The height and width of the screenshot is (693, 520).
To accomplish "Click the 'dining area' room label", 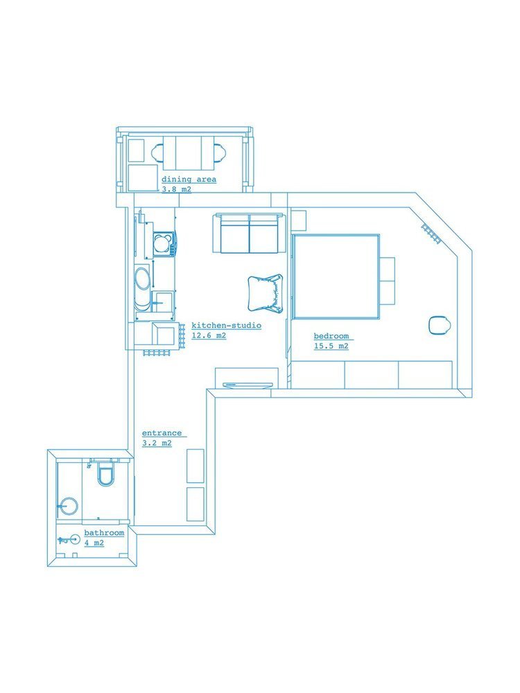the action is coord(189,179).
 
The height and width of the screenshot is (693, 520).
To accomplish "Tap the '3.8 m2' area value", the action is coord(176,189).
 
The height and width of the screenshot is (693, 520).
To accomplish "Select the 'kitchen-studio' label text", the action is coord(227,325).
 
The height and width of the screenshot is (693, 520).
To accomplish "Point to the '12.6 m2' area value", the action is coord(209,335).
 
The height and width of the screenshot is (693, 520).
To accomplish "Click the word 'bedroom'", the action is coord(331,336).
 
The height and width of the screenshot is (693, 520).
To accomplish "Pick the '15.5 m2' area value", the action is coord(331,346).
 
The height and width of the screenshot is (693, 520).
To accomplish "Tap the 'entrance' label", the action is coord(162,433).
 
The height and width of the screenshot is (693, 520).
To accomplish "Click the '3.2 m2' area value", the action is coord(157,444).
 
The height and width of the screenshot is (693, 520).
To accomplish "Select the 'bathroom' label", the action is coord(104,532).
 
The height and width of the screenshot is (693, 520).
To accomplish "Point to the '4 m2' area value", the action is coord(94,543).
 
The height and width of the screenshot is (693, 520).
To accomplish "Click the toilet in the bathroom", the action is coord(105,472).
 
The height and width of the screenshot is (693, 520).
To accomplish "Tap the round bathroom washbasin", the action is coord(69,506).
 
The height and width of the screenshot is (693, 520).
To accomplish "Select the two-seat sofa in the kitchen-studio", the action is coord(249,234).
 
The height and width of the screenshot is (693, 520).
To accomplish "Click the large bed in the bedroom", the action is coord(336,277).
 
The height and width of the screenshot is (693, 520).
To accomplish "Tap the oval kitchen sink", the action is coord(143,283).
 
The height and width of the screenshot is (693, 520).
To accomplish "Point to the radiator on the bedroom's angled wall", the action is coord(431,234).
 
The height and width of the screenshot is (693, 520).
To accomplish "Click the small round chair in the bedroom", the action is coord(440,325).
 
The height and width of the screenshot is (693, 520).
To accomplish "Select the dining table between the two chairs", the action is coord(189,153).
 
